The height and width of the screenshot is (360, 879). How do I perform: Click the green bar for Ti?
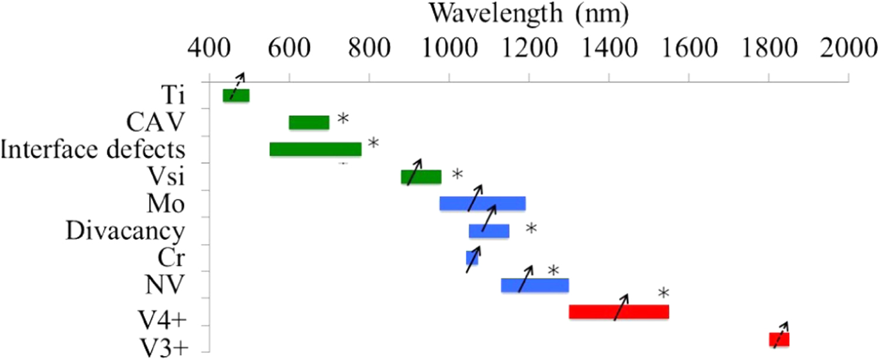point(236,96)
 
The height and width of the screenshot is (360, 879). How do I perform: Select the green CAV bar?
point(309,123)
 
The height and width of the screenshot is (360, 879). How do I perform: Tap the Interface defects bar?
point(315,150)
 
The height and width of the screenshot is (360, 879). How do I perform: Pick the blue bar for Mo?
point(482,203)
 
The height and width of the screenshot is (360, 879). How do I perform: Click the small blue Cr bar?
point(472,257)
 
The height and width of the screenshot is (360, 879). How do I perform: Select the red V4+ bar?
point(619,312)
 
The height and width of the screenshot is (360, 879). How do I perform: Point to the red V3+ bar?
point(779,339)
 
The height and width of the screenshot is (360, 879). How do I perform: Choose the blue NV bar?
point(534,285)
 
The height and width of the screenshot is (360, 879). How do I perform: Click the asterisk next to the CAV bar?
point(343,120)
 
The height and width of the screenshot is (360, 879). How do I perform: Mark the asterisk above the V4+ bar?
point(663,293)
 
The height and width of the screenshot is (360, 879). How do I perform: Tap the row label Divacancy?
point(125,231)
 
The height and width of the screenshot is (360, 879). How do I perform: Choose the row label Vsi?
point(163,176)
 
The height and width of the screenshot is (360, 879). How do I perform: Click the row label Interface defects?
point(93,150)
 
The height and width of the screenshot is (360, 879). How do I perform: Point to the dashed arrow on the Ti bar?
point(237,87)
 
